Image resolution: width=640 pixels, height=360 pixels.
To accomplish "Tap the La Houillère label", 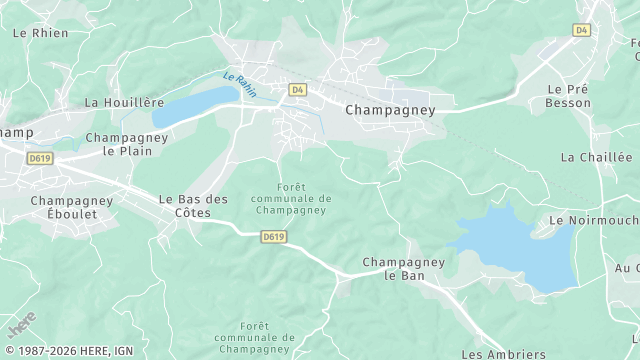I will point(124,102).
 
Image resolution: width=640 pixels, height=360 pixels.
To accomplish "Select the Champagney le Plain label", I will point(126,144).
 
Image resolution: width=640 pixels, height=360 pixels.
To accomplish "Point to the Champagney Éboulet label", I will point(71,207).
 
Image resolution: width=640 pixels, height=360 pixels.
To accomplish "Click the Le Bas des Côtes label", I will point(193,206).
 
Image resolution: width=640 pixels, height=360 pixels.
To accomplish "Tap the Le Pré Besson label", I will point(568,95).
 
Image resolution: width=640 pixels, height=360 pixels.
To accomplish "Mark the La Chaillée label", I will point(596,157).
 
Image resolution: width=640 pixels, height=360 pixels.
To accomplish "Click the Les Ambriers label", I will point(503,354).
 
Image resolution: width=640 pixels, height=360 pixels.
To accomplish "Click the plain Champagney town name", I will point(390,110).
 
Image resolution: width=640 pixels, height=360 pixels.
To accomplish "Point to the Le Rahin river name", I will point(240,85).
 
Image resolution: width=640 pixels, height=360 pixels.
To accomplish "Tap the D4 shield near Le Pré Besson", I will point(582,30).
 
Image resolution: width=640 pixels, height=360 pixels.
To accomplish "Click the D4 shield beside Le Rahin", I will point(297,90).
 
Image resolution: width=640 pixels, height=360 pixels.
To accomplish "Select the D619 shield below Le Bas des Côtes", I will point(273,237).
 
